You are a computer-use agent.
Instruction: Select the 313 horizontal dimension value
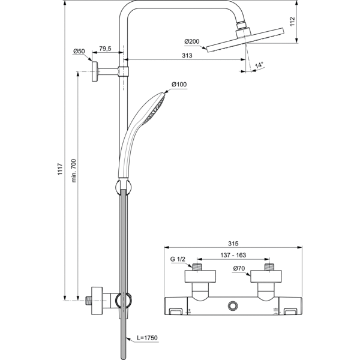tap(186, 55)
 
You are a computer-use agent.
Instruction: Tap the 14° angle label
tap(259, 65)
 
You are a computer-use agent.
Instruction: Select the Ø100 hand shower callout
tap(179, 84)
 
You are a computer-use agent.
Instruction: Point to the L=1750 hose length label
tap(146, 338)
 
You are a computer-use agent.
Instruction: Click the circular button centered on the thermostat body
tap(233, 307)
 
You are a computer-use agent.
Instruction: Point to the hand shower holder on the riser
tap(122, 187)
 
